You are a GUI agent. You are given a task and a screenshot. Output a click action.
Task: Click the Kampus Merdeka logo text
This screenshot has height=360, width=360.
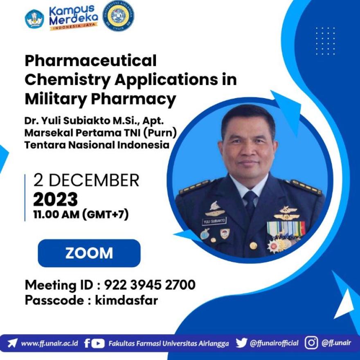74,18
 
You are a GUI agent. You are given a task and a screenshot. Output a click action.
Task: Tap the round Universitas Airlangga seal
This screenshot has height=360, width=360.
118,16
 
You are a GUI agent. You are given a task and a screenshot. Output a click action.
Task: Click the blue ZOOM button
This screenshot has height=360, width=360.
89,253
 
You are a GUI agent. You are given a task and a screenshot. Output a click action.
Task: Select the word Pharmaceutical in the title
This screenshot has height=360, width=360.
90,61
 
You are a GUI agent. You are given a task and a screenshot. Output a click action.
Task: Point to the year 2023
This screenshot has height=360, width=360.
56,199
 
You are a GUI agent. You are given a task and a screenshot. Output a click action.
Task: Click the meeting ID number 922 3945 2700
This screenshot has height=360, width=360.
150,285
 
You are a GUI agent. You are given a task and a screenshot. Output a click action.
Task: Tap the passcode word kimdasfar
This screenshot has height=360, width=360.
126,300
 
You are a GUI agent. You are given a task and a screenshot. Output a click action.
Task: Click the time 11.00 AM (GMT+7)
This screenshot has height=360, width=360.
81,215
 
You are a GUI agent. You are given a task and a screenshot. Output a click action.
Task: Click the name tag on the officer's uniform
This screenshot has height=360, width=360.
214,221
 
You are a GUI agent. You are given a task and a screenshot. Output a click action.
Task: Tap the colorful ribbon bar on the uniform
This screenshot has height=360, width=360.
286,229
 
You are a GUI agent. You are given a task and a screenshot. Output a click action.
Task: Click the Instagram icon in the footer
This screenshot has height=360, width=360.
311,343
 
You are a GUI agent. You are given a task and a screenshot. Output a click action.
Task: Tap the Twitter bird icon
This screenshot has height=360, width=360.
241,343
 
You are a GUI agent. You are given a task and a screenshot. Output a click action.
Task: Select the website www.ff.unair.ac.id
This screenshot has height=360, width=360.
49,344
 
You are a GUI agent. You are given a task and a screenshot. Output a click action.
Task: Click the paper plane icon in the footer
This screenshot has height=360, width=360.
12,343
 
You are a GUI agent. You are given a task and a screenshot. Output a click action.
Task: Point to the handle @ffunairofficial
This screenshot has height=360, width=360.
274,343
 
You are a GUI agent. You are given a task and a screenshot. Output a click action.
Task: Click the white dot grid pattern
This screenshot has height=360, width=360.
325,41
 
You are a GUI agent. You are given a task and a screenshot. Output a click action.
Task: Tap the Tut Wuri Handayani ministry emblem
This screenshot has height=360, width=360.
34,19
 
